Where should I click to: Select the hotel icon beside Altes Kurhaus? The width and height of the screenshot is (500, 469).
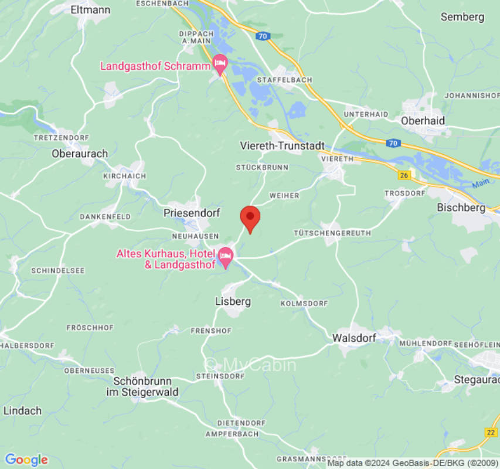tap(226, 257)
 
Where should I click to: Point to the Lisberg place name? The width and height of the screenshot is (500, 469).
tap(233, 301)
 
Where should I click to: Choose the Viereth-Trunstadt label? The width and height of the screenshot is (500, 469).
tap(283, 145)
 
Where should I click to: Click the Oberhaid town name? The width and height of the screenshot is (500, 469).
tap(423, 120)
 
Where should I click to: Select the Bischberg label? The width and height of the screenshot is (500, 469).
tap(461, 208)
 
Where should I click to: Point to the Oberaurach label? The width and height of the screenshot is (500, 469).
tap(80, 154)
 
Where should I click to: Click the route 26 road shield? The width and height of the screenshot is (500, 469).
tap(403, 175)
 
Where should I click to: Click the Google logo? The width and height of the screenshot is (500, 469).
tap(26, 460)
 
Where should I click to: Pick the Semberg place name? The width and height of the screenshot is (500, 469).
tap(462, 17)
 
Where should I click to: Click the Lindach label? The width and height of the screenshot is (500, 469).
tap(22, 410)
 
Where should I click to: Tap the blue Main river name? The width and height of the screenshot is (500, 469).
tap(480, 183)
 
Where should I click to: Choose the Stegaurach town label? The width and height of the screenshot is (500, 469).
tap(477, 379)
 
